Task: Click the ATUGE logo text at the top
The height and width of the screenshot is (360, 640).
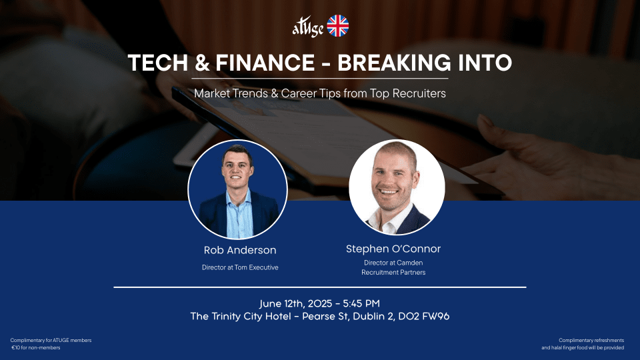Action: coord(308,28)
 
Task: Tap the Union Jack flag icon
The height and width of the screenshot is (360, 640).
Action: coord(338,26)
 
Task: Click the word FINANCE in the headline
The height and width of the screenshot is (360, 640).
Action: coord(265,63)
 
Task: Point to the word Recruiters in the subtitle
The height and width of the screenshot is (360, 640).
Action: coord(419,93)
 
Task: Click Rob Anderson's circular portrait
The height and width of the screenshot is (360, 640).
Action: coord(237,189)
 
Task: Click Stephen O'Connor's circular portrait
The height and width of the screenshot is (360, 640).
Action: coord(397,187)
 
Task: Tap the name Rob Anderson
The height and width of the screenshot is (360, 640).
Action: coord(240,250)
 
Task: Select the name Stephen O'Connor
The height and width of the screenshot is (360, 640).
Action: coord(393,249)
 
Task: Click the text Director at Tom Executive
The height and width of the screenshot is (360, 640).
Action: coord(240,267)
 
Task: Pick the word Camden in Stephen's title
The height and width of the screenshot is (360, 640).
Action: coord(409,263)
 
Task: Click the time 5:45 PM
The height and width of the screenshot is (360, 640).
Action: coord(361,303)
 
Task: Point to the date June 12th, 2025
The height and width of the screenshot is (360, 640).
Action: coord(296,304)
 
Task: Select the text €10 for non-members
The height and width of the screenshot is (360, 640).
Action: coord(36,348)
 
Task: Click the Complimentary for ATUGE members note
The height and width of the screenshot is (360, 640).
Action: coord(51,340)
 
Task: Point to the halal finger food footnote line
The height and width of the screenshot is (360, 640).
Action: coord(583,348)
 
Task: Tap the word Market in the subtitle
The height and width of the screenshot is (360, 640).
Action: coord(212,93)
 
